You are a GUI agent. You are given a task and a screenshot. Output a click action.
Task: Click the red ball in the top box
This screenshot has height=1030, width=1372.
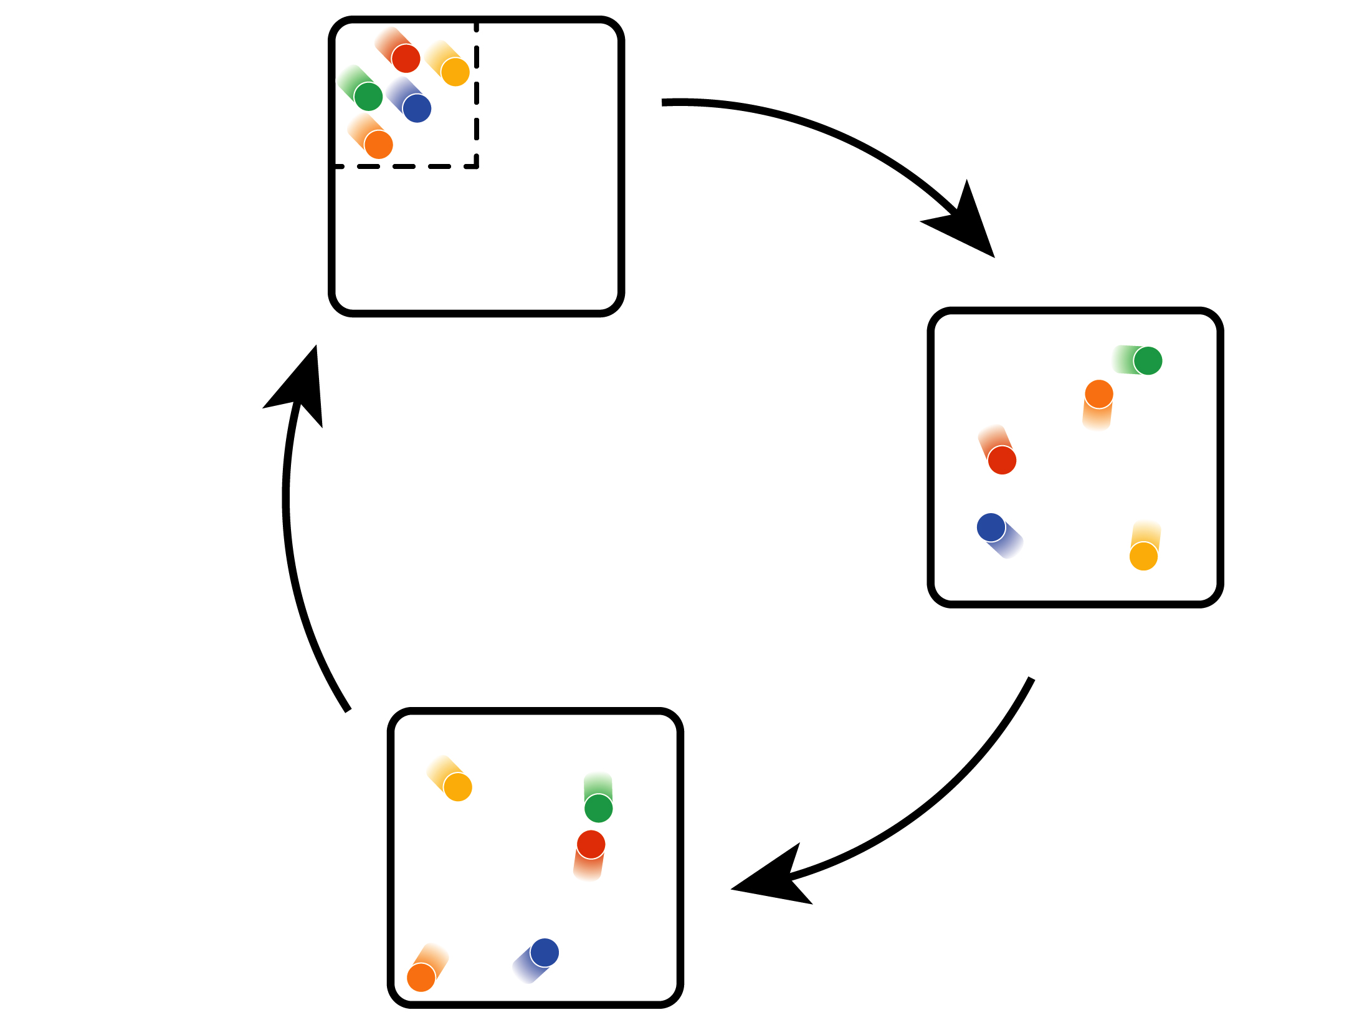tap(406, 59)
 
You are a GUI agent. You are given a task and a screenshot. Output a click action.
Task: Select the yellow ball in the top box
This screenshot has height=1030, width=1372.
tap(455, 72)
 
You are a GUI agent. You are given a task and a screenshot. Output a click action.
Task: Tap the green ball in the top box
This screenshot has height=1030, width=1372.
tap(368, 97)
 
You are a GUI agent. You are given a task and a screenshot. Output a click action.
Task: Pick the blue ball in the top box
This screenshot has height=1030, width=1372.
tap(417, 108)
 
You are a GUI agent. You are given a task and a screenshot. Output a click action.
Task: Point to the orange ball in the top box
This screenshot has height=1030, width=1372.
tap(379, 145)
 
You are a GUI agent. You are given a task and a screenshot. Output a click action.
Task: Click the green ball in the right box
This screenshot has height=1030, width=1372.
tap(1148, 360)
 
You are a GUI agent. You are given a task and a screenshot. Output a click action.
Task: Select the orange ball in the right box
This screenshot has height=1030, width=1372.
tap(1099, 394)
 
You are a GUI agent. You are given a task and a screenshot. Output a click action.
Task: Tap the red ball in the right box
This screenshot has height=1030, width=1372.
tap(1002, 460)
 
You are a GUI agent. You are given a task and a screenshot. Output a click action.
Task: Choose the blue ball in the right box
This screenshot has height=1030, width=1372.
tap(991, 527)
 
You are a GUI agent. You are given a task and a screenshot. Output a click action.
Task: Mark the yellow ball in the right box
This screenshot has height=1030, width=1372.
tap(1143, 556)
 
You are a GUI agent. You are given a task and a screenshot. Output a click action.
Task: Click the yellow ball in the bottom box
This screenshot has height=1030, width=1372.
tap(458, 787)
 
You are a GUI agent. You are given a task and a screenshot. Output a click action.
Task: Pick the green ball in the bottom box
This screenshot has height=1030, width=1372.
tap(599, 808)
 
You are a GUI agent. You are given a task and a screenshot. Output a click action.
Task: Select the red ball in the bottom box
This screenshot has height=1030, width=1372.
tap(591, 845)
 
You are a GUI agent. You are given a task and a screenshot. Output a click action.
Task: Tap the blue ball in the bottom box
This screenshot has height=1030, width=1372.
tap(545, 953)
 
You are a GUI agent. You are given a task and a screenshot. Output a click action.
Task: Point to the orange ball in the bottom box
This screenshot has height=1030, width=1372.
tap(421, 978)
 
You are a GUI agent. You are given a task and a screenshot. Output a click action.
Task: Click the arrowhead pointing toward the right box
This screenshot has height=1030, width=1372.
tap(966, 221)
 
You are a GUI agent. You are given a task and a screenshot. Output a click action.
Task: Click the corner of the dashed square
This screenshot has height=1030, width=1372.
tap(477, 166)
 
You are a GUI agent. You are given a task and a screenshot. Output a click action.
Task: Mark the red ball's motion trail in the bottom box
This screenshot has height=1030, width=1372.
tap(588, 868)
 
